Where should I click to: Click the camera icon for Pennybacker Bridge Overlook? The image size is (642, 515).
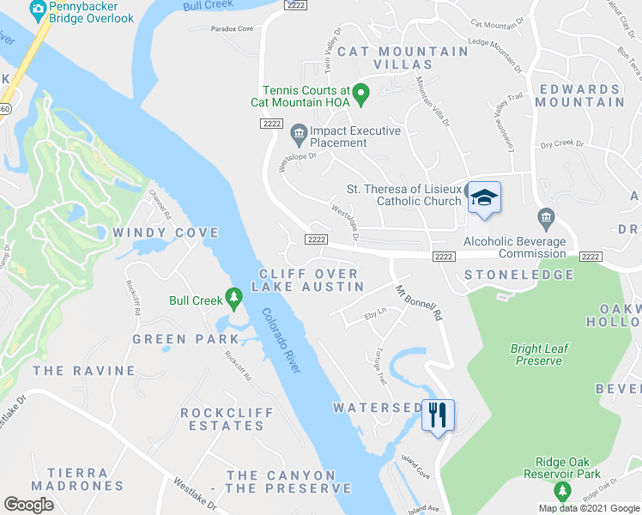(x=38, y=9)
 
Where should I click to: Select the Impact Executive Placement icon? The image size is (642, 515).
(x=299, y=132)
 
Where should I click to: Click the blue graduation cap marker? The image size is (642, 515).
(x=484, y=197)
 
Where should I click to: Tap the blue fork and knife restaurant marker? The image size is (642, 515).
(x=439, y=415)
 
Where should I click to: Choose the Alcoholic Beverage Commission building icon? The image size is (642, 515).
(x=544, y=215)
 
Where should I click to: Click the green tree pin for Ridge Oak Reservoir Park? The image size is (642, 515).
(x=562, y=490)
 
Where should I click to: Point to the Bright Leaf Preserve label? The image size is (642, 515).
(x=538, y=354)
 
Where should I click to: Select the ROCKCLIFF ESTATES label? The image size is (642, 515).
(x=227, y=419)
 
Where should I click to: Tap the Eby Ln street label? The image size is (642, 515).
(x=376, y=315)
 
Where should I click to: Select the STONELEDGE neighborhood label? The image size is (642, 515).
(x=518, y=275)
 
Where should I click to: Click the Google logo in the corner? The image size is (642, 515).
(x=29, y=504)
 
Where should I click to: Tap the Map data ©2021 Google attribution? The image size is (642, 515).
(x=588, y=508)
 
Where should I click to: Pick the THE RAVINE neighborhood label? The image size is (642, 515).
(x=84, y=371)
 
